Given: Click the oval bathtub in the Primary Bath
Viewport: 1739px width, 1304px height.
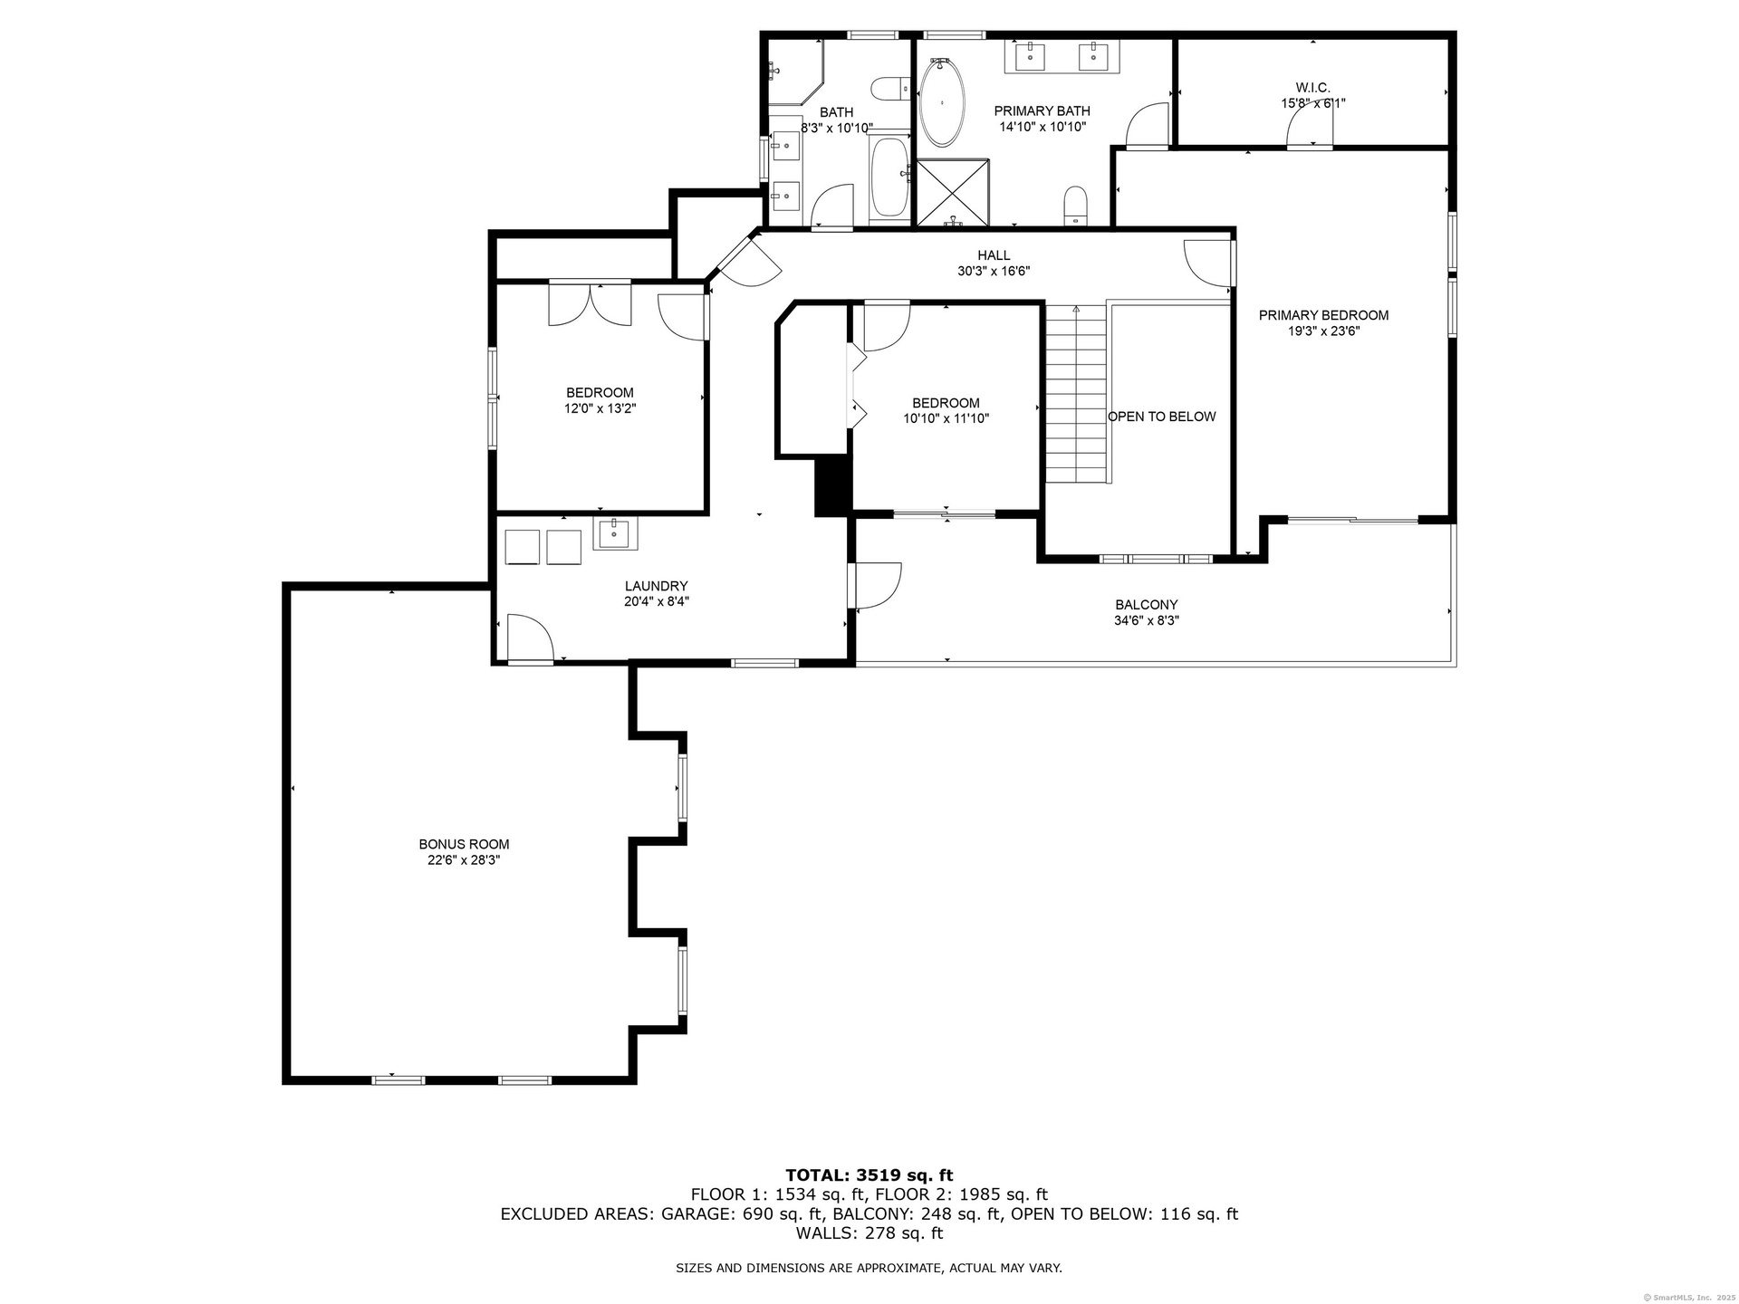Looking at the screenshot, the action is (x=942, y=103).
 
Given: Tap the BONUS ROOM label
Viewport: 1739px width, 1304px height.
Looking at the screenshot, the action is (x=464, y=845).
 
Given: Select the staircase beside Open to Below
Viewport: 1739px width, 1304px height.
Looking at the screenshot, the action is (x=1077, y=394).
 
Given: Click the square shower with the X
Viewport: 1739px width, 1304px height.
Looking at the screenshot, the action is (x=953, y=192).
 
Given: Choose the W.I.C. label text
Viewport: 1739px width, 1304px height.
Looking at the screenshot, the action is (x=1312, y=88).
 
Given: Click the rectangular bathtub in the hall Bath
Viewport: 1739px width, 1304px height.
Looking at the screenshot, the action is (x=889, y=177).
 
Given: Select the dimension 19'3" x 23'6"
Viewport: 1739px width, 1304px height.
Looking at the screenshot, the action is (x=1323, y=331).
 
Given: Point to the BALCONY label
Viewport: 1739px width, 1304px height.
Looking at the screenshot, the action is (x=1146, y=605).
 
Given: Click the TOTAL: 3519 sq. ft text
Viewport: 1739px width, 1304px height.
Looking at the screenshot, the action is (x=869, y=1175).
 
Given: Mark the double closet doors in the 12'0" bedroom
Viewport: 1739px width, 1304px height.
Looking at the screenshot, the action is (x=590, y=303).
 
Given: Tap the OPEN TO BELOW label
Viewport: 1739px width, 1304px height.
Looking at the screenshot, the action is (x=1162, y=417).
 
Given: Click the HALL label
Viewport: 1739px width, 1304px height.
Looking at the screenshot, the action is (x=994, y=255).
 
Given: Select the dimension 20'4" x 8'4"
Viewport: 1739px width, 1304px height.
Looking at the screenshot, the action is (x=657, y=601).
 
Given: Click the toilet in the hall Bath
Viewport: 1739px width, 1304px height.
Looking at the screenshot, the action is (x=890, y=89).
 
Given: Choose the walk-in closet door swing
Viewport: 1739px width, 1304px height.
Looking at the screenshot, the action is (x=1311, y=128).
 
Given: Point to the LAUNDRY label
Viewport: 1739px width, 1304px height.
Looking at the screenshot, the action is (x=657, y=586).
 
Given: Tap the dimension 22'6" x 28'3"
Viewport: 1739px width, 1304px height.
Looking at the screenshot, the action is (x=464, y=860).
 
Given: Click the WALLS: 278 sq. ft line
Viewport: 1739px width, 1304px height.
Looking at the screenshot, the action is (x=869, y=1233).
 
